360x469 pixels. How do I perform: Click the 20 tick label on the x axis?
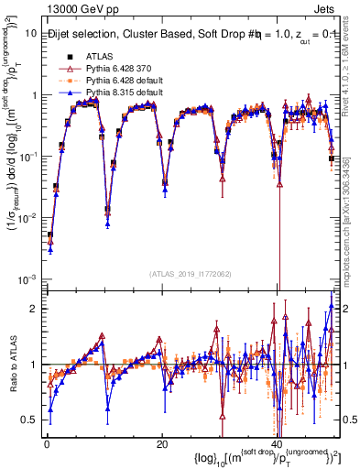162,445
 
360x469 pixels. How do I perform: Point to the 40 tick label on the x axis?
278,445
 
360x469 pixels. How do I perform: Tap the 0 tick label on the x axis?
47,445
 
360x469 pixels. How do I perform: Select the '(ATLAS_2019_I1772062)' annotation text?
190,274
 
